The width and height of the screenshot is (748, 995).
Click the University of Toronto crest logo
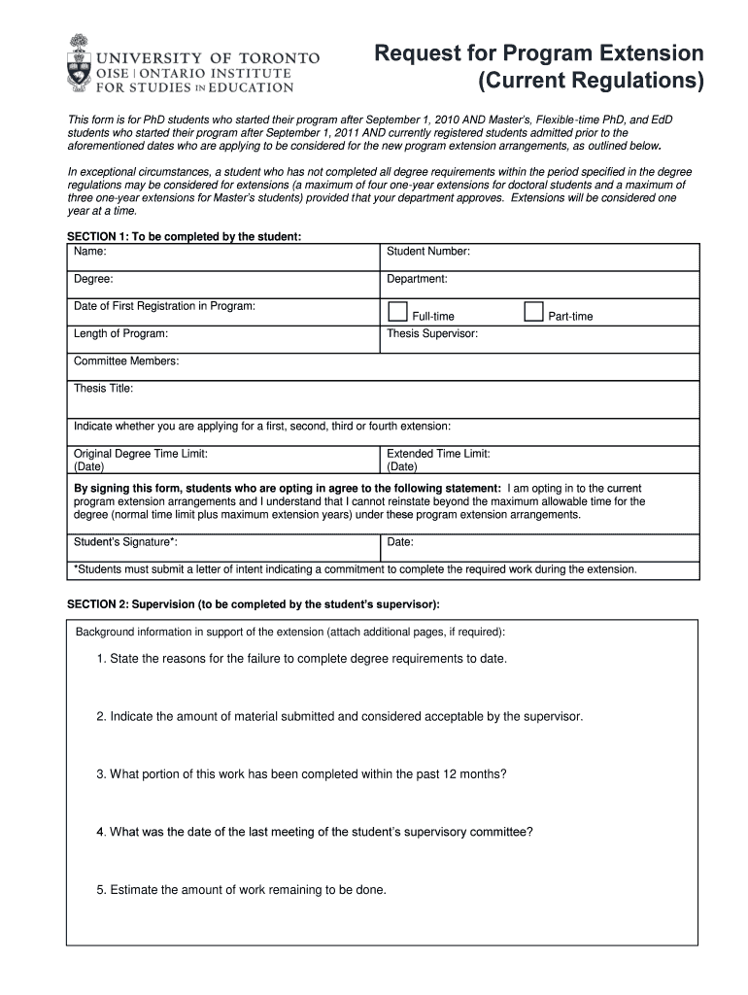pos(79,63)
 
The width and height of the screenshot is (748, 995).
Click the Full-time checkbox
pos(397,312)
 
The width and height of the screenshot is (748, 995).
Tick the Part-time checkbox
pos(533,312)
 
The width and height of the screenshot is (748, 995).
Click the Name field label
pos(90,252)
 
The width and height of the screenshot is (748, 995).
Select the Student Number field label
pos(428,252)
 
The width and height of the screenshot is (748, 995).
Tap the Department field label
pos(417,279)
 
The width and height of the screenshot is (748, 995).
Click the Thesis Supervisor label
pos(432,333)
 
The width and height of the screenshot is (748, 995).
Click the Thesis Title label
pos(104,389)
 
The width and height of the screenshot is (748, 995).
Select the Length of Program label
pos(121,333)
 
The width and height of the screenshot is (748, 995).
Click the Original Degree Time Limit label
pos(141,454)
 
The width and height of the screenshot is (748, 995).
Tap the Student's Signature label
pos(125,542)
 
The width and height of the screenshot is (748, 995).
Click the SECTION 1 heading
pos(184,236)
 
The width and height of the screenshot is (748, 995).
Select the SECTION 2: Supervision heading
pos(253,604)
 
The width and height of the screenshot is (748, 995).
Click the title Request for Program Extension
pos(539,53)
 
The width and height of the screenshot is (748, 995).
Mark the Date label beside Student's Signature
pos(400,542)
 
